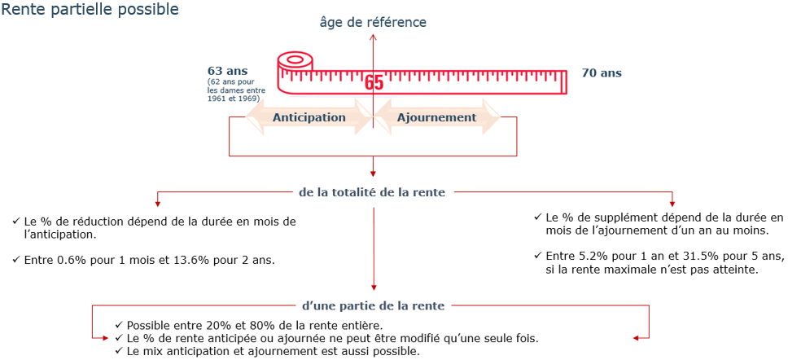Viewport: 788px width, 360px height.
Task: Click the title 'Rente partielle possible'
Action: tap(90, 10)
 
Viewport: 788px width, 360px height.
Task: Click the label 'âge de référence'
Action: tap(373, 23)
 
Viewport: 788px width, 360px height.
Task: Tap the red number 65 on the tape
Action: tap(374, 83)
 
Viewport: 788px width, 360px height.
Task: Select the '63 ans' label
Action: tap(228, 71)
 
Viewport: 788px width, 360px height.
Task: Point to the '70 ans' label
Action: tap(602, 73)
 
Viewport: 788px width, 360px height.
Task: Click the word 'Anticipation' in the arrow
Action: tap(309, 117)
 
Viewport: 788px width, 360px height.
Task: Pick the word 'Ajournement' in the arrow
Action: tap(436, 117)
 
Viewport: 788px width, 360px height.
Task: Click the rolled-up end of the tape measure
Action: tap(295, 63)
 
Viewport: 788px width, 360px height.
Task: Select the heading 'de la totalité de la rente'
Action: tap(372, 192)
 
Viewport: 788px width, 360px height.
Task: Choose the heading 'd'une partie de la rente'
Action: tap(372, 305)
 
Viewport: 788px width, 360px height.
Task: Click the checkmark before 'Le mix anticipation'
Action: tap(119, 350)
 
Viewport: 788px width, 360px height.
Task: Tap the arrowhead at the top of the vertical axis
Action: tap(373, 37)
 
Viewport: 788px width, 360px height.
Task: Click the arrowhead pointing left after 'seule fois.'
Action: tap(637, 337)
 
